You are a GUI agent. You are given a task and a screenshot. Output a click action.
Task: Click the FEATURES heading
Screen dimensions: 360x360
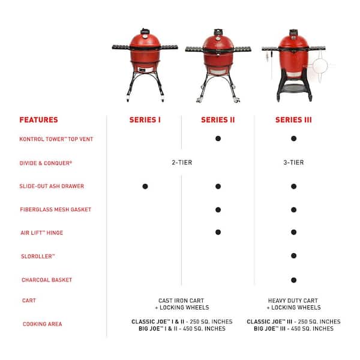[38, 120]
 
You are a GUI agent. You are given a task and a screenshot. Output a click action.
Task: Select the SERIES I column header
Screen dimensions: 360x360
[145, 120]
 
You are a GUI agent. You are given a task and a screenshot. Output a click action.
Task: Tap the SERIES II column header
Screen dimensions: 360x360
[218, 120]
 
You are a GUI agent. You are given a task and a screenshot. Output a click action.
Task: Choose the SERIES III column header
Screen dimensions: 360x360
[293, 120]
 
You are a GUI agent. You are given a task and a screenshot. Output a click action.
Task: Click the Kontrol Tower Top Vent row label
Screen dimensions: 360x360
[56, 139]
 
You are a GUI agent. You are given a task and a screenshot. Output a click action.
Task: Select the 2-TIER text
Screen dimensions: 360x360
[181, 163]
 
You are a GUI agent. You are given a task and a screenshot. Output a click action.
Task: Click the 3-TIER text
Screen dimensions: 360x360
[293, 163]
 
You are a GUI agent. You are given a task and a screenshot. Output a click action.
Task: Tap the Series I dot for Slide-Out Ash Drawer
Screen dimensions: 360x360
[145, 187]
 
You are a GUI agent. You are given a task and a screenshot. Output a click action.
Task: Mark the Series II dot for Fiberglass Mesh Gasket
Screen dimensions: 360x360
[218, 209]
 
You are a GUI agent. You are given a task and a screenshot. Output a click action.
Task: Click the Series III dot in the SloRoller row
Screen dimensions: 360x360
[293, 256]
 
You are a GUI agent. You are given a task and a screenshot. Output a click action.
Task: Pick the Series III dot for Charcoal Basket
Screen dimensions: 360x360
[293, 280]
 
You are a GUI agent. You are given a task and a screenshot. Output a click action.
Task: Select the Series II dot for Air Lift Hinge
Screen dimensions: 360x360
[218, 232]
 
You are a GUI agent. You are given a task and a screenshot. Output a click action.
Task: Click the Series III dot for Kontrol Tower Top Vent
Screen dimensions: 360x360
[293, 139]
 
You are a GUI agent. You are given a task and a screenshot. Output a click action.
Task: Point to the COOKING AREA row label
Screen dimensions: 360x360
[42, 325]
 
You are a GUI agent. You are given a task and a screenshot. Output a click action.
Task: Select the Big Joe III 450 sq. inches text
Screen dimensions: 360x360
[293, 329]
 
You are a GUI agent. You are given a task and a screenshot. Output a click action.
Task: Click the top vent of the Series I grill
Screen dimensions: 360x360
[145, 31]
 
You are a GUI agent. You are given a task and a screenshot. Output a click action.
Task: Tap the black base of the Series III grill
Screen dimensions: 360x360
[293, 90]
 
